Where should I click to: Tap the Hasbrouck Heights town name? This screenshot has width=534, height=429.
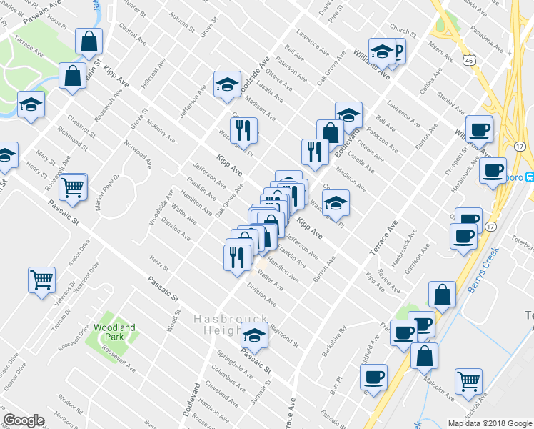(x=230, y=325)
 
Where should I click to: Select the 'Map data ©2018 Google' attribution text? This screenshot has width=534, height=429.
(x=489, y=423)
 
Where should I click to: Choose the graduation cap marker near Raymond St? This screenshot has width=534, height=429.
(x=253, y=335)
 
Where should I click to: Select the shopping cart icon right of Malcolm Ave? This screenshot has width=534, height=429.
(x=469, y=381)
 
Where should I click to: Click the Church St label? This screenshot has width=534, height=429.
(x=403, y=32)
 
